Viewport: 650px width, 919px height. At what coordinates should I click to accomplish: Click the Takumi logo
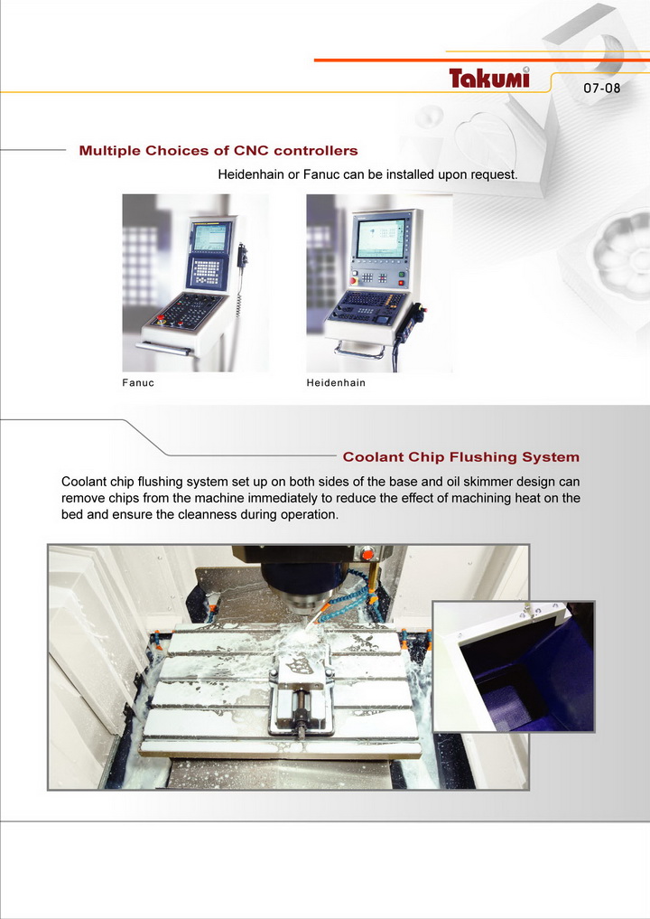tap(489, 78)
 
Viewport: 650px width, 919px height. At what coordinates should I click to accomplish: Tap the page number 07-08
tap(601, 88)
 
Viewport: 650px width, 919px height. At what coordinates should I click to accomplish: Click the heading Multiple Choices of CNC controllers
tap(218, 151)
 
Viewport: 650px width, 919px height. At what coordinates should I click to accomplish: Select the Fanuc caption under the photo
tap(138, 383)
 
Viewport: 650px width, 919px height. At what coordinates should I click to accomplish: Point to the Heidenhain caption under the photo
tap(336, 383)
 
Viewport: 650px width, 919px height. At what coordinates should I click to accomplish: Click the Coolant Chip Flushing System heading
tap(460, 456)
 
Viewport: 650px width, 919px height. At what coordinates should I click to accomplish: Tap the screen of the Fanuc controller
tap(210, 237)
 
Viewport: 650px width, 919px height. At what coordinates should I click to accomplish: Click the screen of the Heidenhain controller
tap(381, 238)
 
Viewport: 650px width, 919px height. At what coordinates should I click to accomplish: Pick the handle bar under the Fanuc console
tap(164, 348)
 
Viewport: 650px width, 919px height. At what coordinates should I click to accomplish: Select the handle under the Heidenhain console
tap(359, 352)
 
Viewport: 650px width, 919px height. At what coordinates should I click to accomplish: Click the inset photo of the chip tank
tap(514, 666)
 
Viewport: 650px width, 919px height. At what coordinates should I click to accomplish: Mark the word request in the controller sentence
tap(496, 174)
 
